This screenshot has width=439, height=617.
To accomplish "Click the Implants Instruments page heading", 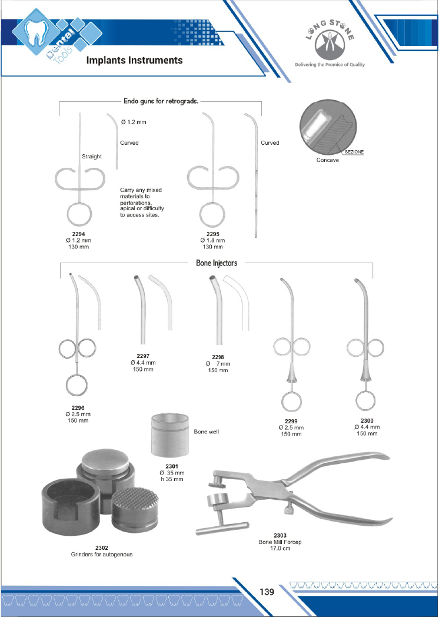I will tap(134, 60).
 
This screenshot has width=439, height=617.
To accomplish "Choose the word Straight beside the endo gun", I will tap(92, 157).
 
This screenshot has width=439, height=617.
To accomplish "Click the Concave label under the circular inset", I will tap(327, 160).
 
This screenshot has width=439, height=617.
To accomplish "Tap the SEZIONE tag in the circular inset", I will tap(354, 152).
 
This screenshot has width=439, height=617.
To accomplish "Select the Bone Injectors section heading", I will tap(217, 263).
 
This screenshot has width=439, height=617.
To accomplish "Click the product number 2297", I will tap(143, 356).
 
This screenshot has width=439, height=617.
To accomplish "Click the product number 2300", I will tap(367, 420).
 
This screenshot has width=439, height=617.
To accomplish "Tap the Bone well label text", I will tap(206, 432).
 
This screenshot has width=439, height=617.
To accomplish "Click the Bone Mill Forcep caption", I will tap(280, 542).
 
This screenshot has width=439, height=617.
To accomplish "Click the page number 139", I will tap(268, 592).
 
